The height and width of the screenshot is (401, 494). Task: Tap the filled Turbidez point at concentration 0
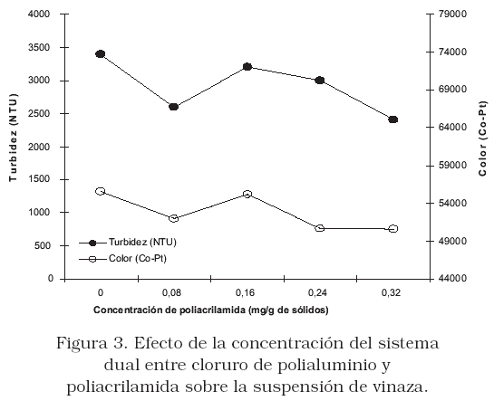pos(101,54)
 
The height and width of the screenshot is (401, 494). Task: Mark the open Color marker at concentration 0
pos(101,191)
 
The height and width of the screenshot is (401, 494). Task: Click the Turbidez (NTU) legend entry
pos(128,243)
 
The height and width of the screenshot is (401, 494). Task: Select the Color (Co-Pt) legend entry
pos(122,259)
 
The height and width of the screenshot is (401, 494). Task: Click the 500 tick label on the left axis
pos(42,245)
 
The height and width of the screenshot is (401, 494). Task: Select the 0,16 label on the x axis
pos(245,293)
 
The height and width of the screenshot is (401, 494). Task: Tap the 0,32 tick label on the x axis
pos(391,293)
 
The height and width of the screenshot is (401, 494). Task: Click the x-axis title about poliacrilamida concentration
pos(211,310)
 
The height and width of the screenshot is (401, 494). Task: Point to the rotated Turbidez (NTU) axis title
pos(13,138)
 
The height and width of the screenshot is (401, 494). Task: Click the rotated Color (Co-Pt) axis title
pos(482,138)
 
